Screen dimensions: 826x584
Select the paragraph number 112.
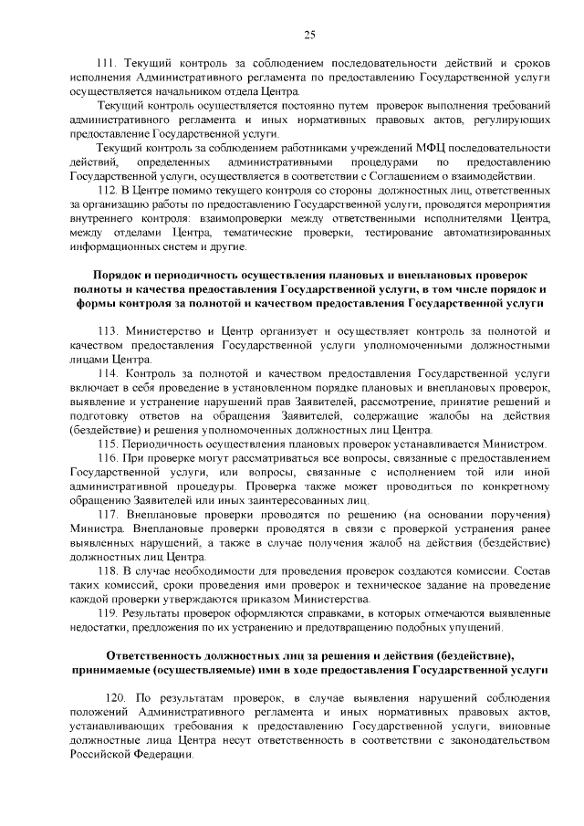pyautogui.click(x=109, y=190)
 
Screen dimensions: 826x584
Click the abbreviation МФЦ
pyautogui.click(x=413, y=147)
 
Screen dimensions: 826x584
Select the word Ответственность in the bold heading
pyautogui.click(x=161, y=655)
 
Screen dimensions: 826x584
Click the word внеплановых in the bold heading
pyautogui.click(x=433, y=275)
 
